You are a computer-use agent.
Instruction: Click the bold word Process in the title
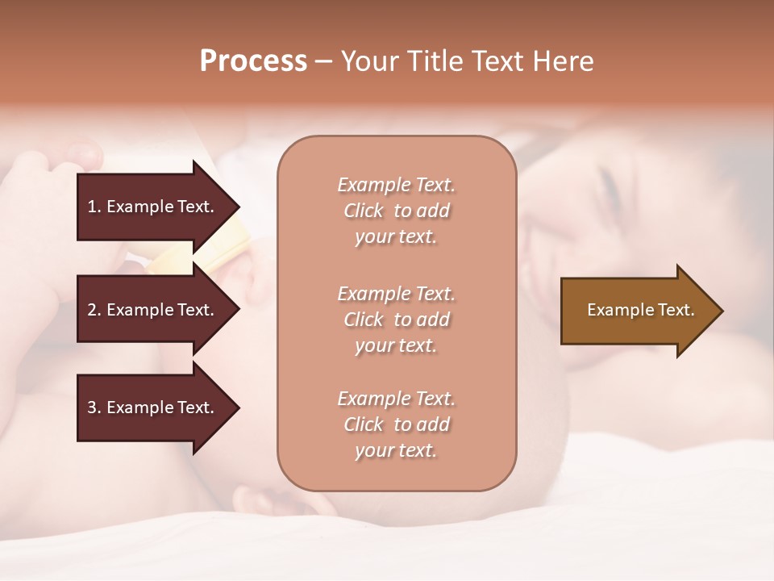(253, 61)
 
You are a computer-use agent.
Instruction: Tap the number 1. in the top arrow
(94, 207)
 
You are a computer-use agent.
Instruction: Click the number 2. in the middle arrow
(94, 310)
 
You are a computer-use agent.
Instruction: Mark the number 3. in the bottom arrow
(94, 408)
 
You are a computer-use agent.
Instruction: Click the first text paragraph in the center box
(396, 211)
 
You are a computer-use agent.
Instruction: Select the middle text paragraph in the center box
(396, 320)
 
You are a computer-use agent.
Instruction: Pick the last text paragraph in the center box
(396, 424)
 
